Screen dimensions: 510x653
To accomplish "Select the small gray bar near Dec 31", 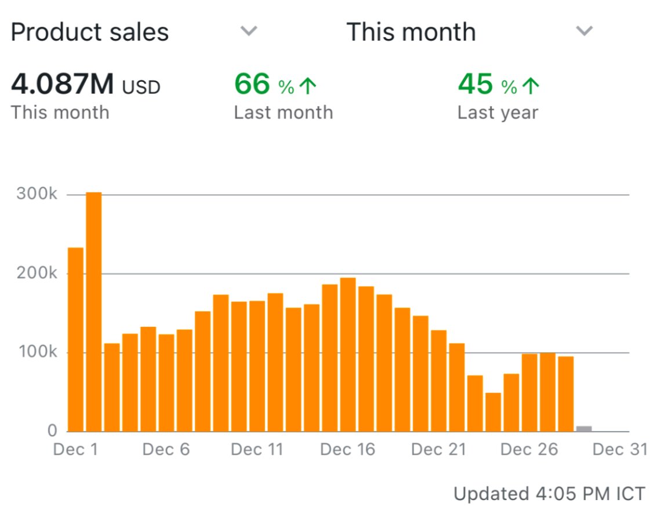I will pyautogui.click(x=584, y=429).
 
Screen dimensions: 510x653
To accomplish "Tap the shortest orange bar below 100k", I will pyautogui.click(x=493, y=412).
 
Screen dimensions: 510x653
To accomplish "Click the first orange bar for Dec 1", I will pyautogui.click(x=75, y=339).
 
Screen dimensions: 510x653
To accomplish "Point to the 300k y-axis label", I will pyautogui.click(x=37, y=194).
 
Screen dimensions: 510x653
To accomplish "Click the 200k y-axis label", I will pyautogui.click(x=37, y=274).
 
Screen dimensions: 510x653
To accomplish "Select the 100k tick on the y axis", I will pyautogui.click(x=37, y=352).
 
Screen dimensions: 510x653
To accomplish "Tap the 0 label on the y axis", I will pyautogui.click(x=52, y=431).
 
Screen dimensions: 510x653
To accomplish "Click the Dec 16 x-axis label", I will pyautogui.click(x=347, y=450).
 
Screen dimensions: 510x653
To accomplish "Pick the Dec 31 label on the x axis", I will pyautogui.click(x=620, y=450).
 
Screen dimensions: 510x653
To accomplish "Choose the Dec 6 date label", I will pyautogui.click(x=166, y=450).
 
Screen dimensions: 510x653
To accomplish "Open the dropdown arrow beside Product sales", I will pyautogui.click(x=249, y=31).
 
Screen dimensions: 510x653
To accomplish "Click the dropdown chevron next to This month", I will pyautogui.click(x=584, y=31).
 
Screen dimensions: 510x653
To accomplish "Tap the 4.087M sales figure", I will pyautogui.click(x=63, y=86).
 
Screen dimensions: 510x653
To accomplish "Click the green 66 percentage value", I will pyautogui.click(x=252, y=85).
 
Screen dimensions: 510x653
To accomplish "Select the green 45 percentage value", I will pyautogui.click(x=476, y=85).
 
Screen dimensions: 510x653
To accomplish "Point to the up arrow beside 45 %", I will pyautogui.click(x=531, y=87).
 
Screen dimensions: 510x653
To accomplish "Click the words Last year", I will pyautogui.click(x=498, y=112).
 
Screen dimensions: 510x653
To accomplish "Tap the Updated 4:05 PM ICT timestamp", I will pyautogui.click(x=549, y=494).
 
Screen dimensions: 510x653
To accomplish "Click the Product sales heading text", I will pyautogui.click(x=90, y=32).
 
